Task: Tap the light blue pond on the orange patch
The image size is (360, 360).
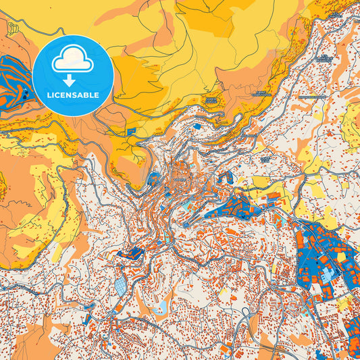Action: click(159, 310)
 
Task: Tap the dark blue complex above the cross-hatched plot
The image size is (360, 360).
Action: click(132, 253)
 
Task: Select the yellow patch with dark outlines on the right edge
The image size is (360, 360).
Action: click(351, 125)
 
